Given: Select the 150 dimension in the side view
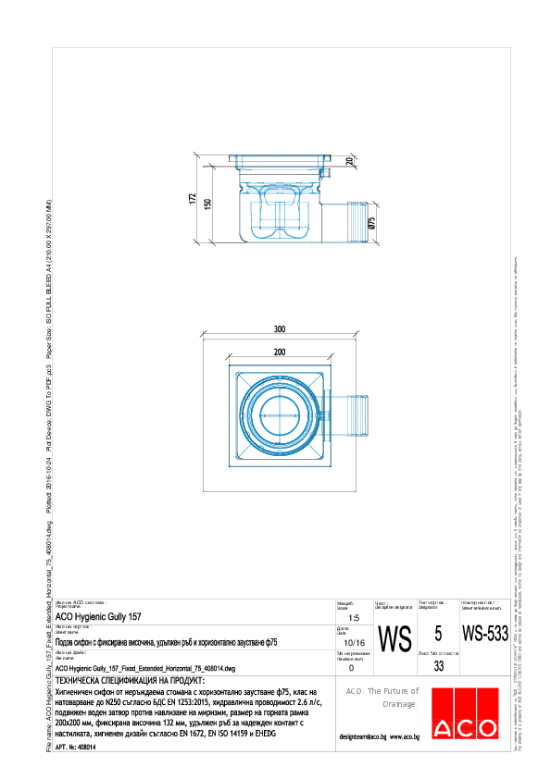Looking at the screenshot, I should [x=208, y=204].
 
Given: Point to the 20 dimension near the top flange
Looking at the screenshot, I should [x=349, y=162].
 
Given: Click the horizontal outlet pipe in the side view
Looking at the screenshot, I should [x=353, y=222].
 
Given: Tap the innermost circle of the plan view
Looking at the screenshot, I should [x=280, y=414].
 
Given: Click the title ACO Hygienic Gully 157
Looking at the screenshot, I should [x=98, y=615].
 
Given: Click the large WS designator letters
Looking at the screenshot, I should [x=395, y=639].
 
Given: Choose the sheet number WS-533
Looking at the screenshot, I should [x=485, y=635].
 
